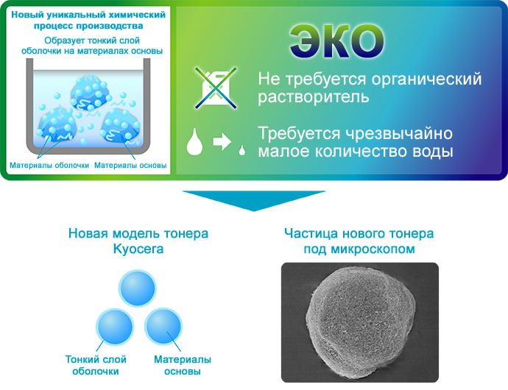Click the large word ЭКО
[x=337, y=41]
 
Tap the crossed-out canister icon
[x=216, y=88]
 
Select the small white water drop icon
[x=242, y=150]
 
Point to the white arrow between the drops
[x=222, y=141]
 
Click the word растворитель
[x=314, y=96]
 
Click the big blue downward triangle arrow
[x=254, y=200]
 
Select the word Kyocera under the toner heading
[x=138, y=249]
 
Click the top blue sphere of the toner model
[x=138, y=288]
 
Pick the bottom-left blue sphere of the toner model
[x=115, y=326]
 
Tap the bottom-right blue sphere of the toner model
[x=163, y=326]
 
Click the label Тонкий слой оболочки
[x=96, y=365]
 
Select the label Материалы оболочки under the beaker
[x=49, y=166]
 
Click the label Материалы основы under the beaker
[x=130, y=166]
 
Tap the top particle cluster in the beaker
[x=90, y=93]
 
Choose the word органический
[x=426, y=79]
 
